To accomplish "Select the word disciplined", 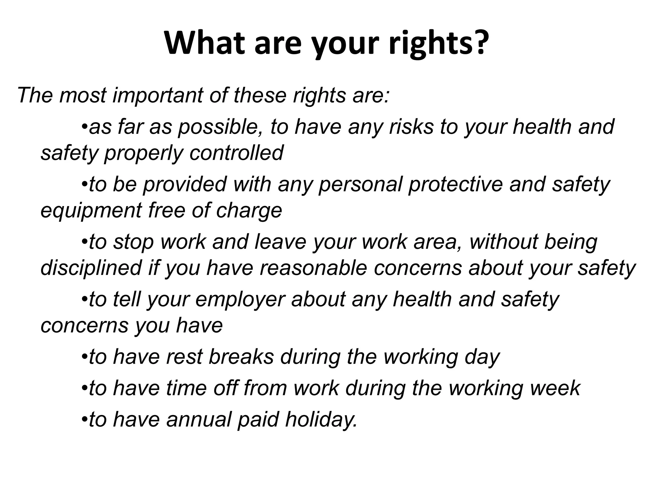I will (x=91, y=268).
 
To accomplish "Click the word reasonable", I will (x=313, y=268).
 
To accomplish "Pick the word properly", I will (x=144, y=153).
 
